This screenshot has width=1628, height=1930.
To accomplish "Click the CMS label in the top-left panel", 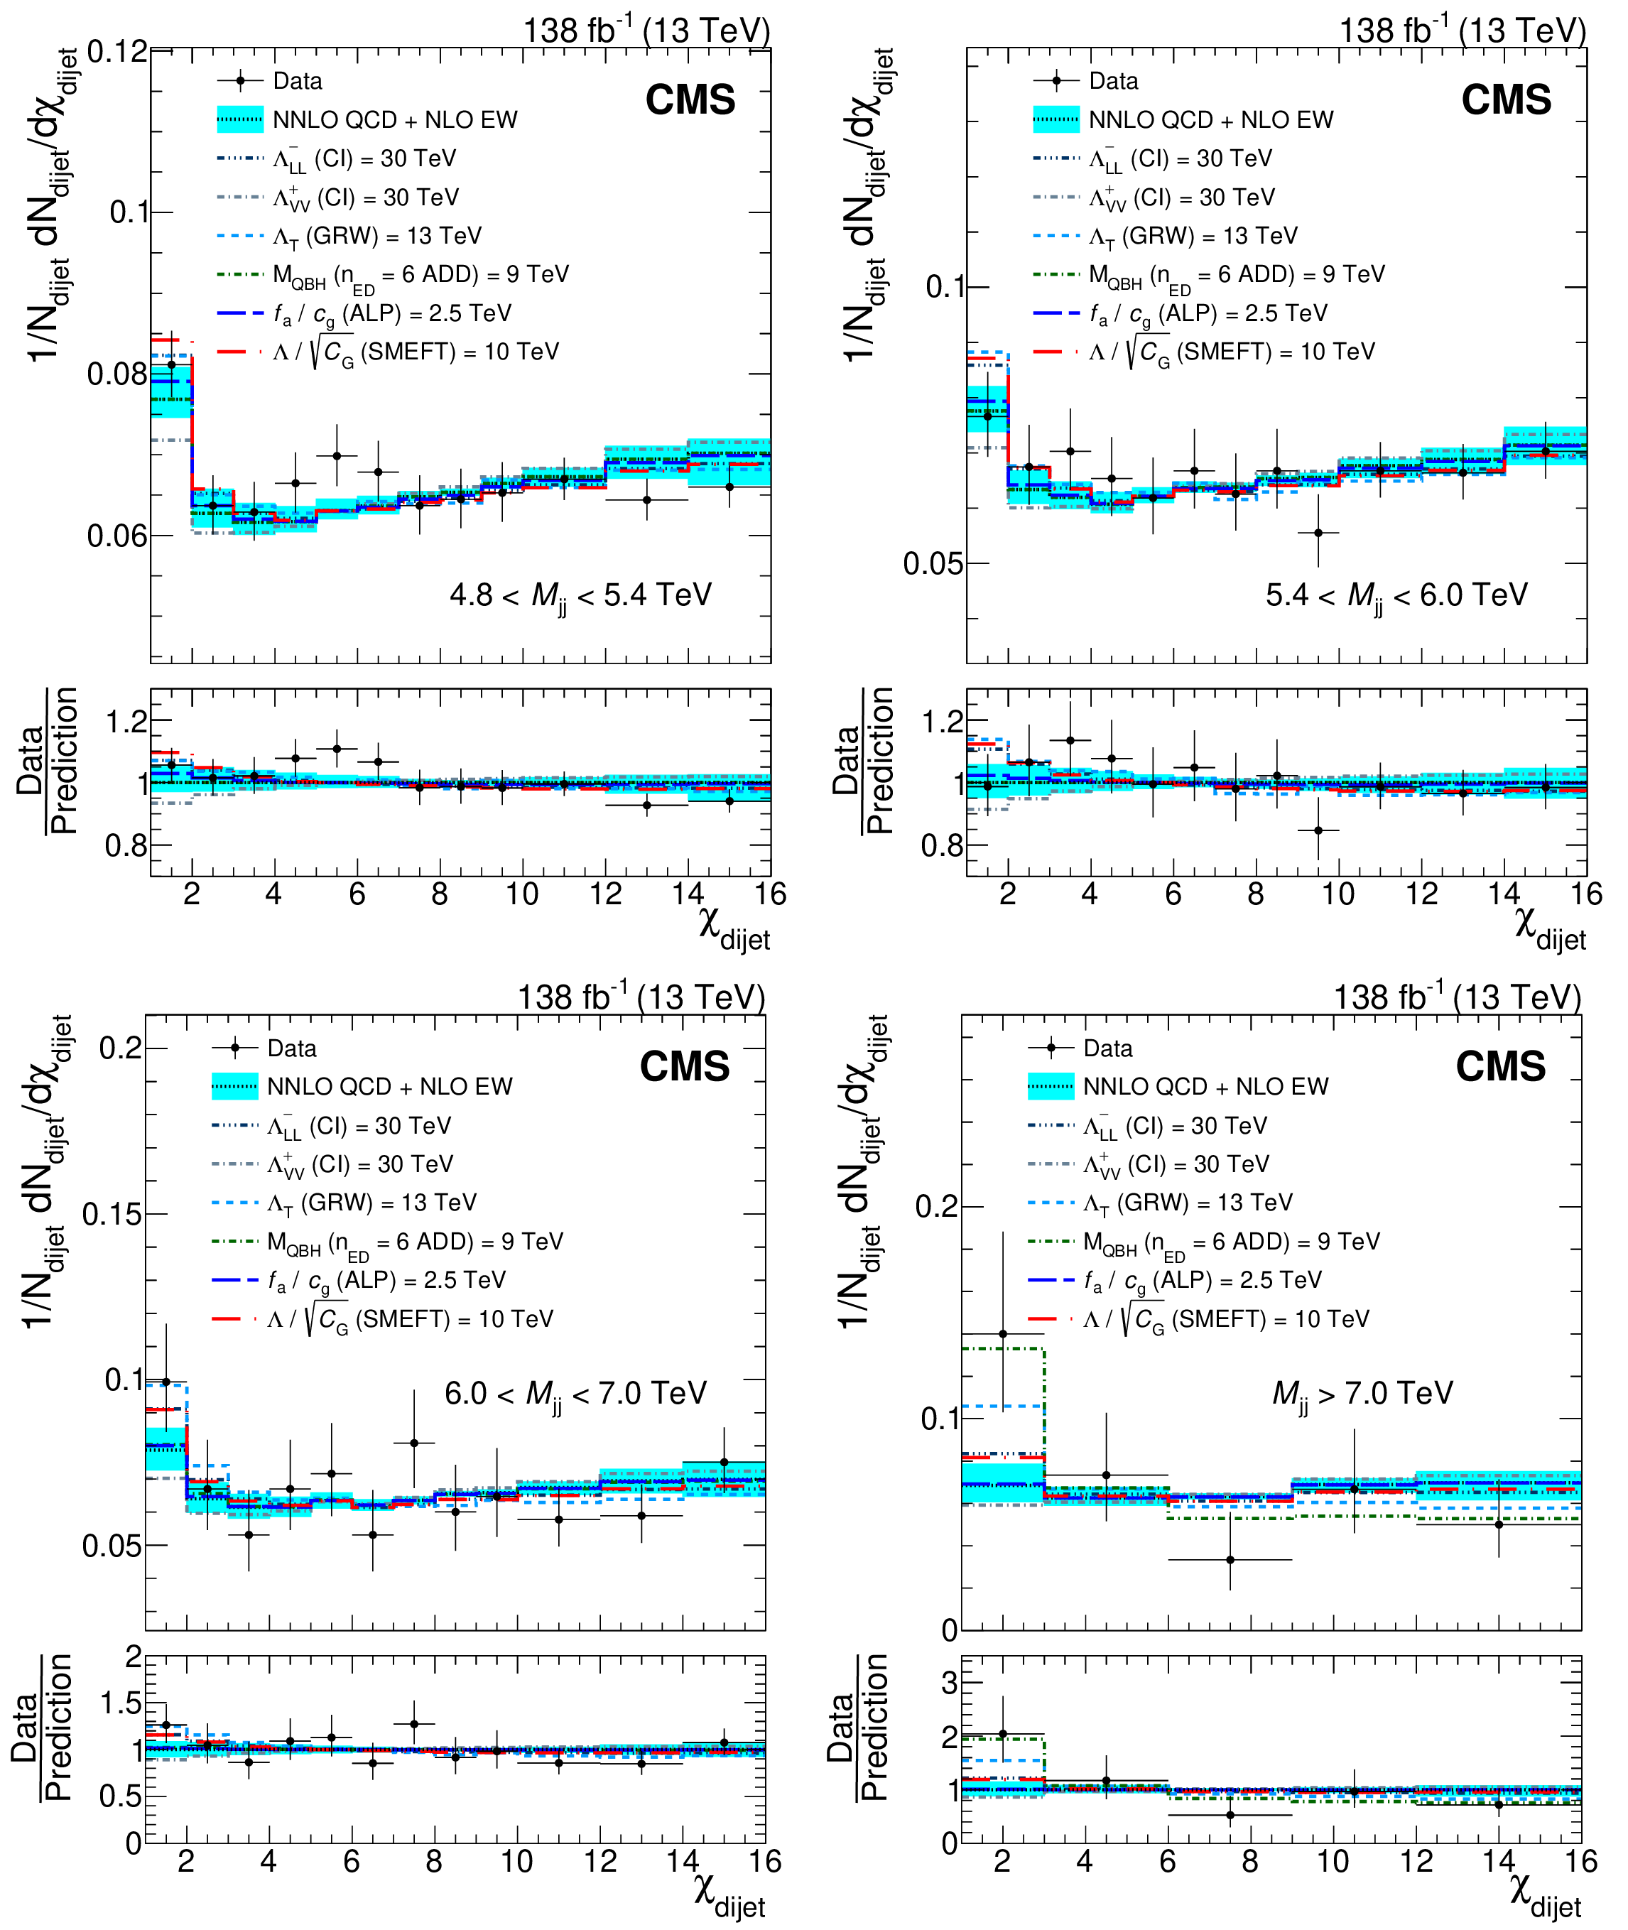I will point(690,99).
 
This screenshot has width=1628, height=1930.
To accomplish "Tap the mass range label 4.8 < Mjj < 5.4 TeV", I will point(580,595).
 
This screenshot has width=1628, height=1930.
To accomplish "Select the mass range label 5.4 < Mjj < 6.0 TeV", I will point(1396,595).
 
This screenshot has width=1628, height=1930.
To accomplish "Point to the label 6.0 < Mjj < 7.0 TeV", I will point(575,1393).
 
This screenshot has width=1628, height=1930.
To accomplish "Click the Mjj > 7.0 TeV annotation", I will point(1362,1393).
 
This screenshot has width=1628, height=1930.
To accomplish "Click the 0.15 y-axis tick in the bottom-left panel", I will point(112,1214).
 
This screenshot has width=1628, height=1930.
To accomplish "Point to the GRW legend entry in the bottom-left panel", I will point(371,1203).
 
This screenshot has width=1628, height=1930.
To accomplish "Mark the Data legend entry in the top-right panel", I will point(1112,81).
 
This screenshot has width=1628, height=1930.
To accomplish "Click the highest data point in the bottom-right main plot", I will point(1002,1334).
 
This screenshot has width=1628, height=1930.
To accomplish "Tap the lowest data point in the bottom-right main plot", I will point(1230,1560).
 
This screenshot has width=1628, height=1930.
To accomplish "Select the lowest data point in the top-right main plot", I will point(1318,533).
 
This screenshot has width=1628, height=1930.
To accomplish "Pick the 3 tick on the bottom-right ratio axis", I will point(949,1681).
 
